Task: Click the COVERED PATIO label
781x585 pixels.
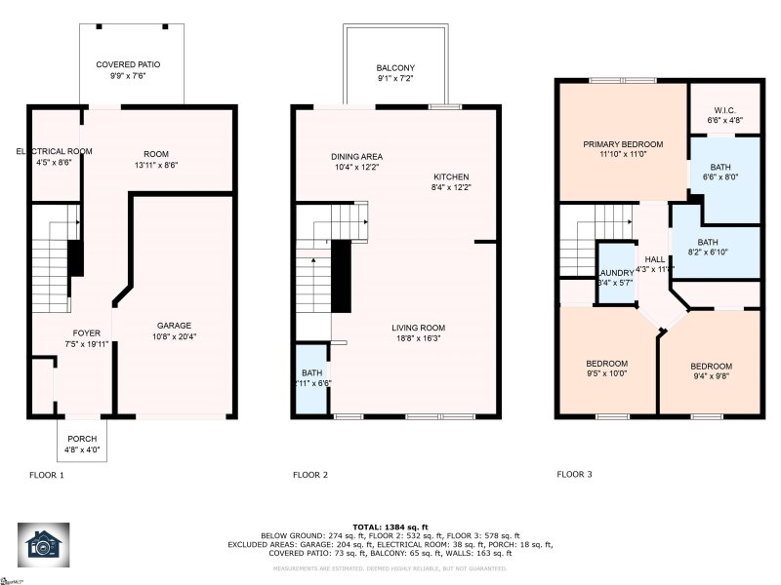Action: point(127,64)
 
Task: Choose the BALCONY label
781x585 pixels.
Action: point(395,68)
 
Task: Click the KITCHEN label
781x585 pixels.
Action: point(453,177)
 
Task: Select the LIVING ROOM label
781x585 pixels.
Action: point(418,328)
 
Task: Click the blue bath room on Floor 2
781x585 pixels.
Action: point(312,379)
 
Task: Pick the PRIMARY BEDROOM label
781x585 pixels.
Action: point(622,145)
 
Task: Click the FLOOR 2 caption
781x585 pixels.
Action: point(310,475)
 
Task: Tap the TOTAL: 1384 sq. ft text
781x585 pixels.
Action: point(390,526)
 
